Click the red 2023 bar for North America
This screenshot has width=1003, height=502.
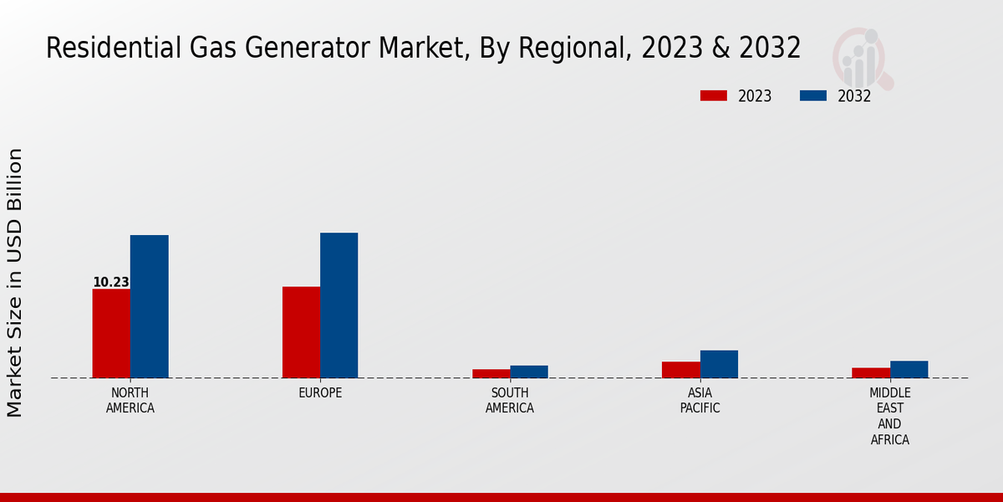click(111, 333)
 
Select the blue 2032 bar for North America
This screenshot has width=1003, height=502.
click(150, 306)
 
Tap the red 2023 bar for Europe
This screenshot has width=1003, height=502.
click(301, 332)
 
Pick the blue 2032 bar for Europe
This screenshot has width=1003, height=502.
click(339, 305)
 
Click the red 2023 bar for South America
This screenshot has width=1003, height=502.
click(491, 373)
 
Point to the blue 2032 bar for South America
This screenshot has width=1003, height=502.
click(529, 371)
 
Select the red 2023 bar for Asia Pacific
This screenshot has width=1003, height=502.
click(681, 370)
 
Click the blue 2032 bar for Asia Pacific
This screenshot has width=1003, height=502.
click(719, 364)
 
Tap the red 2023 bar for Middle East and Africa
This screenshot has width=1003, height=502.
click(871, 372)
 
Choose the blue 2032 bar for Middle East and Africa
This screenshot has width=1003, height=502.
click(909, 369)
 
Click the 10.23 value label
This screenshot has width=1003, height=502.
click(110, 283)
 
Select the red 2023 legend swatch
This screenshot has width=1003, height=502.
click(714, 95)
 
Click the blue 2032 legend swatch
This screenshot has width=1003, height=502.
click(812, 95)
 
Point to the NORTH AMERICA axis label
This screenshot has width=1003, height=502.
click(130, 401)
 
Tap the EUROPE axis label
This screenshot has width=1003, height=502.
click(320, 393)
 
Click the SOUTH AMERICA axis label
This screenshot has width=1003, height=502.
click(510, 401)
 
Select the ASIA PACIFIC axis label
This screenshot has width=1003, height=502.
click(700, 401)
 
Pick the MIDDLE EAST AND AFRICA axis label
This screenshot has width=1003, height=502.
click(890, 416)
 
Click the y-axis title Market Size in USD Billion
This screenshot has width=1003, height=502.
click(15, 282)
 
